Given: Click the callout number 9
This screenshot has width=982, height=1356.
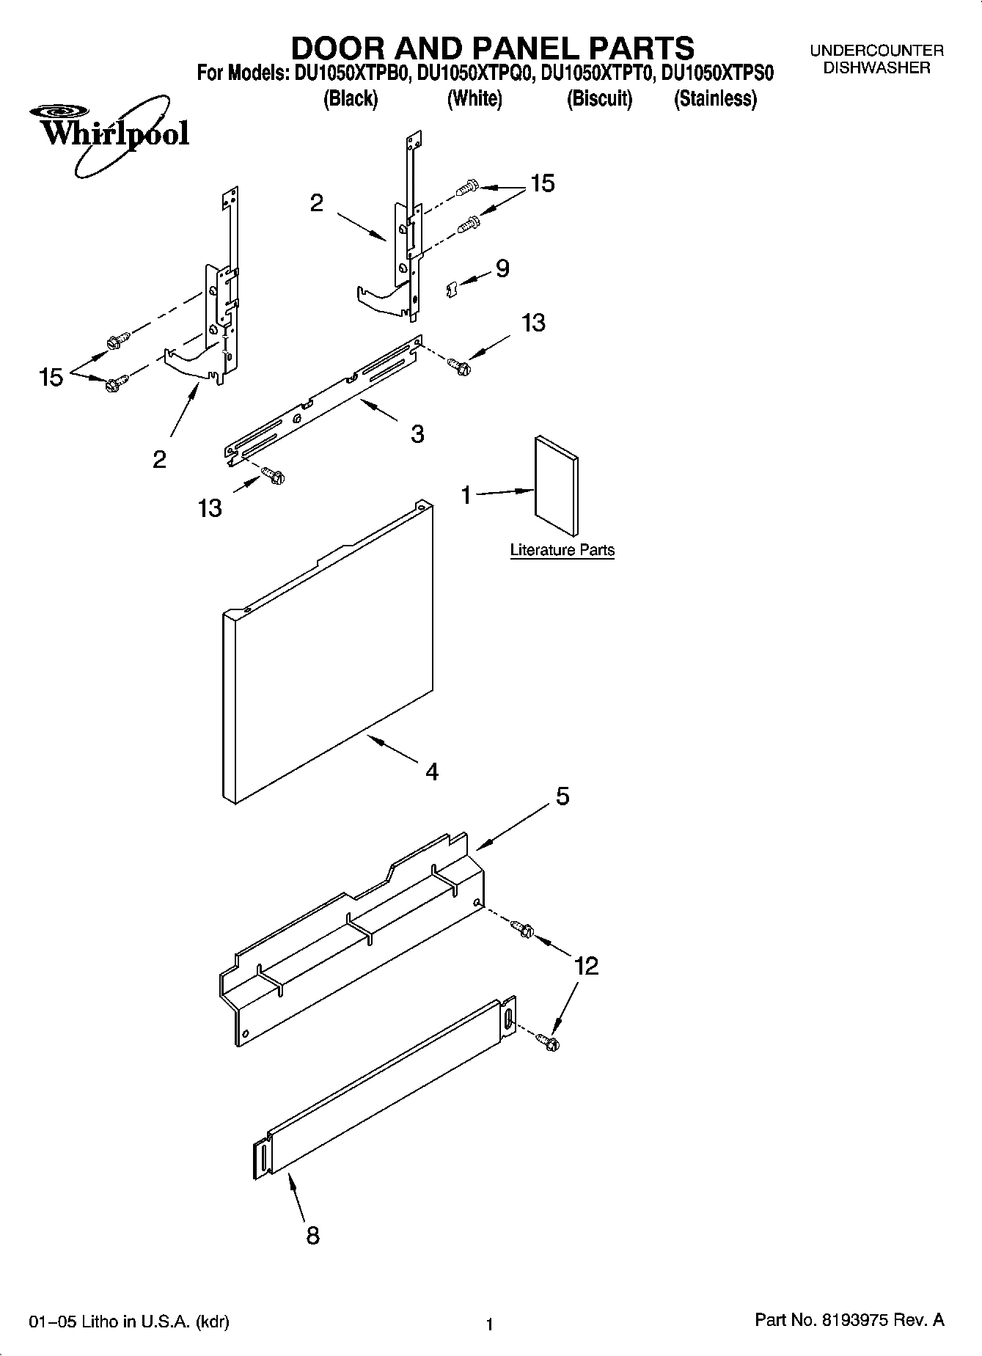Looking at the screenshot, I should pos(502,268).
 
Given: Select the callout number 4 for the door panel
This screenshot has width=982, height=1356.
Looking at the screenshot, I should pos(432,772).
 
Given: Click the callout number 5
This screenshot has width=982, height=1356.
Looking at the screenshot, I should pos(563,796).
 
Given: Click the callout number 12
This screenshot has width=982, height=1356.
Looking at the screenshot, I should pos(587,966).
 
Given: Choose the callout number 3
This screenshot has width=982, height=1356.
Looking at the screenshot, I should pos(417,434).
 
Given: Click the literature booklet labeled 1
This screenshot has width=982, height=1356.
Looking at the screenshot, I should pos(557,486).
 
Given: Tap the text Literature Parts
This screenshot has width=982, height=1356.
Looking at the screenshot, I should pos(562,550).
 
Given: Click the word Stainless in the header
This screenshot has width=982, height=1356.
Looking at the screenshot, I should pos(715,98).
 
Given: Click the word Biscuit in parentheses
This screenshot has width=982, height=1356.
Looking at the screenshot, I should pos(599,98).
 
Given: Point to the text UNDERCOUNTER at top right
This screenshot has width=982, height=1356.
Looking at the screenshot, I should pos(876,51).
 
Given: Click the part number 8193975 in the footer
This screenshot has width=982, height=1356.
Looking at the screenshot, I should pos(857,1320).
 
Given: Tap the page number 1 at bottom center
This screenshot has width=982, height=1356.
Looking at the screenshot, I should pos(489,1324).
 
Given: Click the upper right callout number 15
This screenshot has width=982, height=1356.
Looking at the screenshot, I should pos(542,183).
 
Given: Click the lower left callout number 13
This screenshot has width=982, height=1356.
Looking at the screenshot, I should pos(210,507).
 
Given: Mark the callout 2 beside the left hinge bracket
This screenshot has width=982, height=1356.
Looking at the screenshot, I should pos(159,460).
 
